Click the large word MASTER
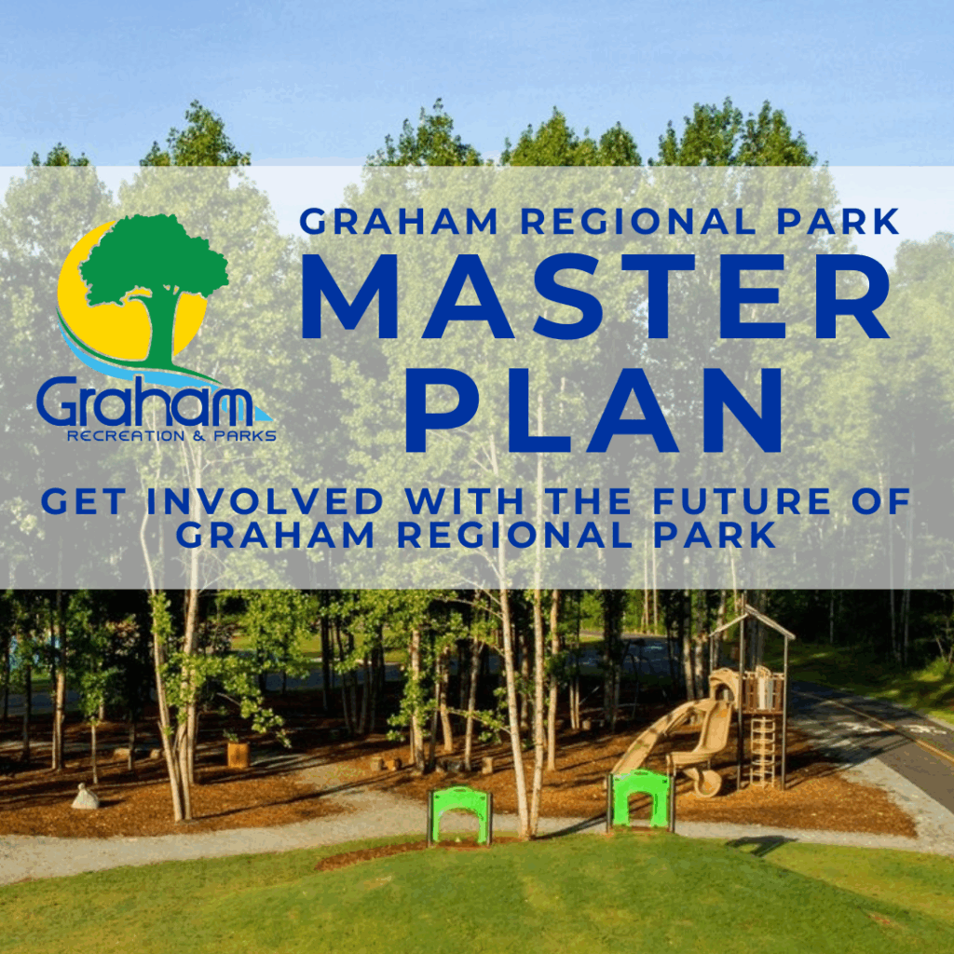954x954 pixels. pos(595,296)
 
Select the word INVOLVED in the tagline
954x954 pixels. pos(265,501)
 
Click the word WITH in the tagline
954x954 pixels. pos(465,501)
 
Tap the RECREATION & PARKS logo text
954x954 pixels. pos(171,436)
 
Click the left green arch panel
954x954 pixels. pos(459,815)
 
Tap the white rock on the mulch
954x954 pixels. pos(85,797)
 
